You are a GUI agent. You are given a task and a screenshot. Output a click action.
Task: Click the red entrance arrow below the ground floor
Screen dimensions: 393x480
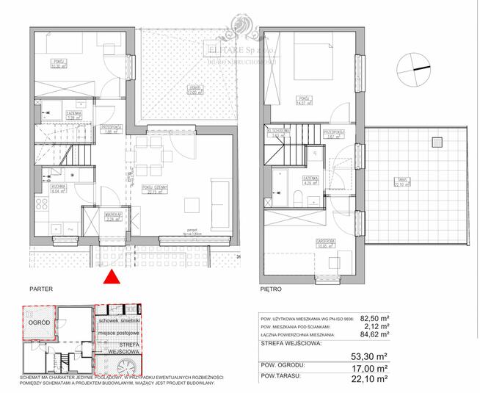click(x=112, y=277)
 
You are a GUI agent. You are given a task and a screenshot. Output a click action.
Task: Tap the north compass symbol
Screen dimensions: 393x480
click(x=415, y=72)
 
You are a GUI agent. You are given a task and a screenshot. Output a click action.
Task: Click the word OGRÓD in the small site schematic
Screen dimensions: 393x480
click(x=39, y=322)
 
